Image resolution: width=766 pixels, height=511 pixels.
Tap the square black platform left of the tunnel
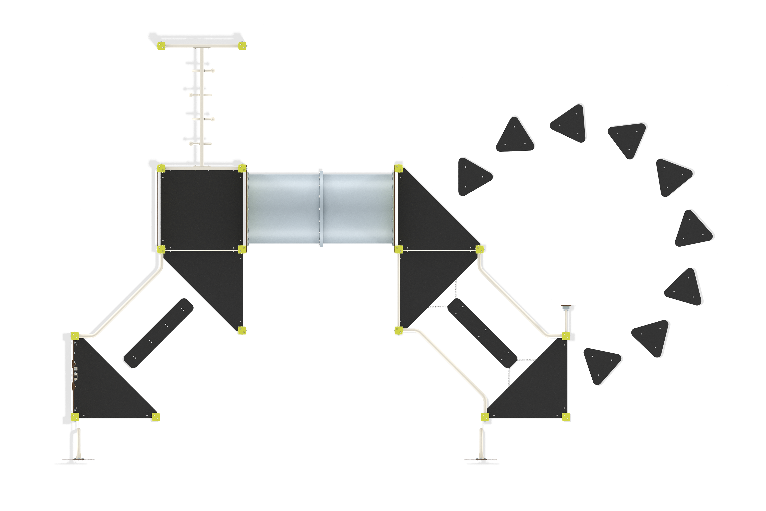click(x=201, y=208)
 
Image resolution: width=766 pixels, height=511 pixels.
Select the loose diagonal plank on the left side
click(x=158, y=333)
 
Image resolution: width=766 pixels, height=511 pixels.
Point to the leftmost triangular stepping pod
click(x=473, y=176)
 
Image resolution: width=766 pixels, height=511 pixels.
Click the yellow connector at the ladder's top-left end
click(x=161, y=46)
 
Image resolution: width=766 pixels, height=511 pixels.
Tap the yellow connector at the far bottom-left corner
click(x=75, y=417)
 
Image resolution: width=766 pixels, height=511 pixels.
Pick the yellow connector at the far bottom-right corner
click(x=566, y=417)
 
